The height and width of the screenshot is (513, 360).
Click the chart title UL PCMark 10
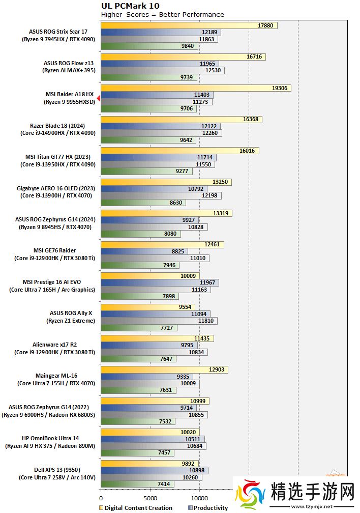coord(126,6)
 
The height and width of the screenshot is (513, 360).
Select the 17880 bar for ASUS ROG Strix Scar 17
coord(189,25)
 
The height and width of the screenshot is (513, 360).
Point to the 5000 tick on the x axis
coord(150,498)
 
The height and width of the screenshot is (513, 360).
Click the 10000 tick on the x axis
coord(199,498)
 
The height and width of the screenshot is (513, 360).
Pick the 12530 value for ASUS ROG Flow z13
coord(213,70)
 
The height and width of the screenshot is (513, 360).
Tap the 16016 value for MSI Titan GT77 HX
coord(249,151)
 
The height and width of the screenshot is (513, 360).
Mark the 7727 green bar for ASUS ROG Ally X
coord(139,328)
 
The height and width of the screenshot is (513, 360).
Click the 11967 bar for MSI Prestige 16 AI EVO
coord(160,282)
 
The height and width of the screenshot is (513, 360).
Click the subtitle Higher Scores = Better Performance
coord(162,14)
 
